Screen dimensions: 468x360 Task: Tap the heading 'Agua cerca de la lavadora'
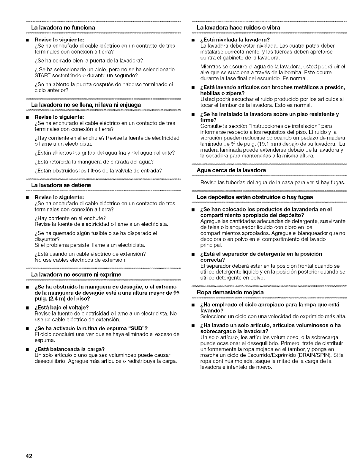[231, 170]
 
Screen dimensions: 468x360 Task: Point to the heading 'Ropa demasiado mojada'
[230, 292]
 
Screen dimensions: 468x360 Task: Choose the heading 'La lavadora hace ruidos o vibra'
[239, 27]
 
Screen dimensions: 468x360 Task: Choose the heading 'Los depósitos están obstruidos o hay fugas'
[255, 197]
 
